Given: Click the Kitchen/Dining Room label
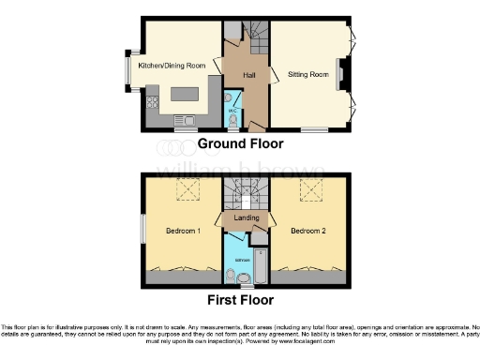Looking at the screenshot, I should pyautogui.click(x=171, y=66).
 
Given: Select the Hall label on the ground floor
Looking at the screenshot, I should pyautogui.click(x=249, y=74).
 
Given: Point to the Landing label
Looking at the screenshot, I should pyautogui.click(x=247, y=217).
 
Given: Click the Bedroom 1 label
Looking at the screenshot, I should pyautogui.click(x=184, y=231).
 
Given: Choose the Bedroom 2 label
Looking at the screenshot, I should pyautogui.click(x=307, y=231).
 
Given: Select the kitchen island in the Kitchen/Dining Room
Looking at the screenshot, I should pyautogui.click(x=186, y=96).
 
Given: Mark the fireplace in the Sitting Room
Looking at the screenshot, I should pyautogui.click(x=342, y=76).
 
